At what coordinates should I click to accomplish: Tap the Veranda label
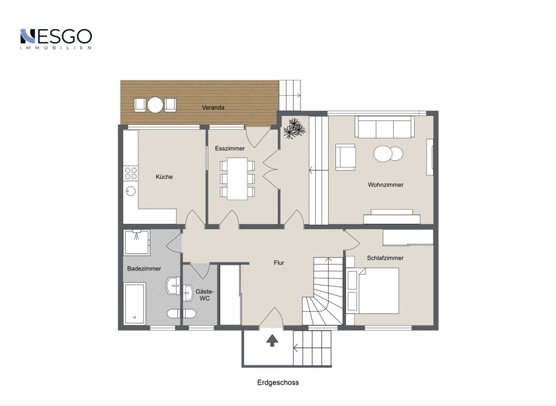click(x=213, y=107)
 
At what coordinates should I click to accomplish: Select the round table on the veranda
click(x=155, y=105)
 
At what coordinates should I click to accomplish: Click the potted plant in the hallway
click(x=294, y=129)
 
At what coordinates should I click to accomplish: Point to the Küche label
click(x=164, y=176)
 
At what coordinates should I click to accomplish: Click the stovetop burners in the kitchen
click(x=131, y=173)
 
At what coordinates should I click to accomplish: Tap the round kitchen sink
click(x=130, y=191)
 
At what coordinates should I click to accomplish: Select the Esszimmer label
click(x=229, y=148)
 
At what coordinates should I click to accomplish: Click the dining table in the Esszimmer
click(x=237, y=178)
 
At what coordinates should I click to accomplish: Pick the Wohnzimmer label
click(x=385, y=185)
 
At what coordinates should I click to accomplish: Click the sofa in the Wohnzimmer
click(x=384, y=128)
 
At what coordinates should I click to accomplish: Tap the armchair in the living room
click(x=345, y=157)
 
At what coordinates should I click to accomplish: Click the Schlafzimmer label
click(x=385, y=257)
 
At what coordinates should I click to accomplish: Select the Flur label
click(x=279, y=262)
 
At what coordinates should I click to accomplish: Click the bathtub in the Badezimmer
click(x=135, y=302)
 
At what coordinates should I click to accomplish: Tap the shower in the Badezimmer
click(x=137, y=241)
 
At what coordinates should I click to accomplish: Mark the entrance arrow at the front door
click(x=272, y=340)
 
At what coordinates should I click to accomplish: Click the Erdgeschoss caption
click(x=277, y=382)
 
